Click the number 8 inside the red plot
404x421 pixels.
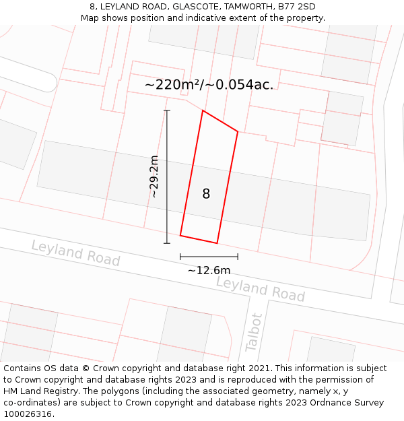tap(206, 194)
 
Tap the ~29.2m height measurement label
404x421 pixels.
tap(154, 176)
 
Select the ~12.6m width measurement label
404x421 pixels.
tap(209, 270)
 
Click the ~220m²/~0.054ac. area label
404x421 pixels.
tap(209, 85)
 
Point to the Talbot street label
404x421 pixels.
tap(254, 331)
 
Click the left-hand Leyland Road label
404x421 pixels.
tap(75, 253)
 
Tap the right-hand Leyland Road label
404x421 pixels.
tap(261, 289)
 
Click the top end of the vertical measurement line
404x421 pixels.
tap(167, 110)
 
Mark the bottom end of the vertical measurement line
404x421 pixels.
tap(167, 243)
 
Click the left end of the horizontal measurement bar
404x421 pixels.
tap(180, 257)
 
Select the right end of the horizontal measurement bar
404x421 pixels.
tap(238, 257)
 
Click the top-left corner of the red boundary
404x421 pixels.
tap(203, 110)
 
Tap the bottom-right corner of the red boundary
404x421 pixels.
tap(217, 243)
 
